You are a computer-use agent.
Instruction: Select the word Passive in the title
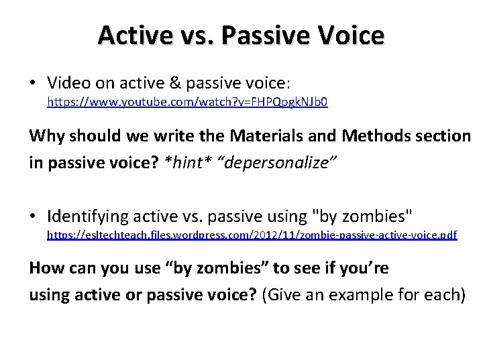(257, 35)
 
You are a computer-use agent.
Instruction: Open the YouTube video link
(186, 103)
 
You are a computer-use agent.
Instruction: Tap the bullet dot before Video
(33, 83)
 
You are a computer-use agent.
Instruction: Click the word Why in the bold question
(46, 136)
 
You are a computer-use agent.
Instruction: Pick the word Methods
(376, 136)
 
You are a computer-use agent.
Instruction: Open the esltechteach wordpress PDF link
(252, 236)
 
